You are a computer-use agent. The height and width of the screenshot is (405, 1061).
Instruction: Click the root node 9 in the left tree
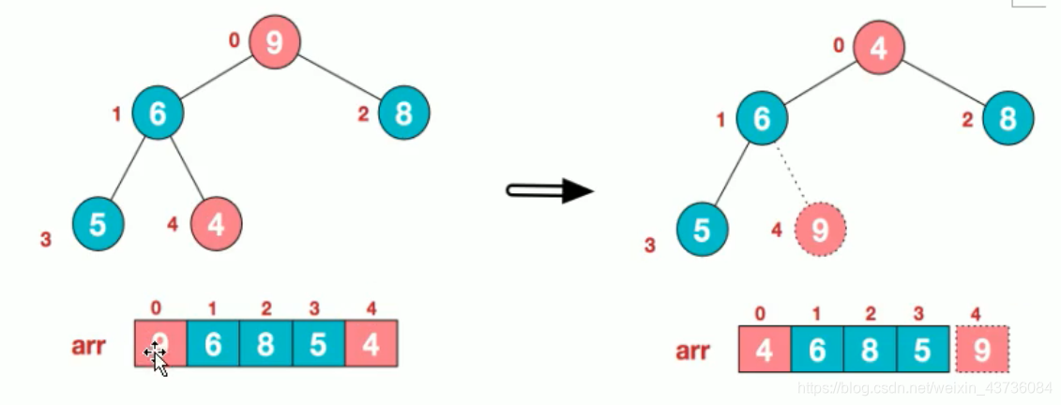[275, 42]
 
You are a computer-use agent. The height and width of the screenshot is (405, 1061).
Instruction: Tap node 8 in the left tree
[404, 114]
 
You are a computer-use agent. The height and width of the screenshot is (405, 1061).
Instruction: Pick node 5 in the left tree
[98, 223]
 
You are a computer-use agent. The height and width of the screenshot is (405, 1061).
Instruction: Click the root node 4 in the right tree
[879, 49]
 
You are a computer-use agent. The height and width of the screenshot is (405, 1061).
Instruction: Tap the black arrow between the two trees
[551, 191]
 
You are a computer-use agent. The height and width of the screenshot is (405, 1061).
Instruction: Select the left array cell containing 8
[265, 344]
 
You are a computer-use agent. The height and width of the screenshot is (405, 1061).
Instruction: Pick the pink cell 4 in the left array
[371, 344]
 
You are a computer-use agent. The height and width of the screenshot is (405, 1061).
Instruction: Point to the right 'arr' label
[693, 352]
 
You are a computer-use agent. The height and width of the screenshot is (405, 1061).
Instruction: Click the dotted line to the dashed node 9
[796, 177]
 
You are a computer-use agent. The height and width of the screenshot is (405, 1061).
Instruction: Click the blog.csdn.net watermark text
[924, 386]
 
